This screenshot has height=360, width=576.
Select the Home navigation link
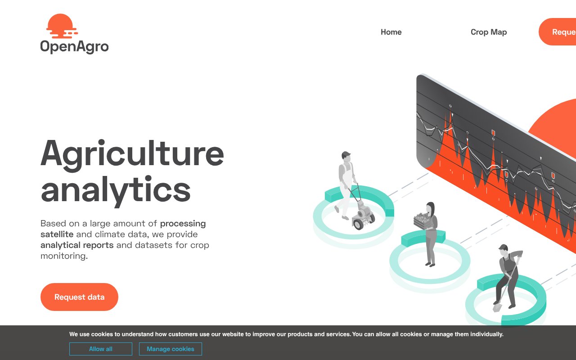pos(391,32)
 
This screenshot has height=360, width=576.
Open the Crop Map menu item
pos(489,32)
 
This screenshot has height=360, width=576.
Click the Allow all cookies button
pos(101,349)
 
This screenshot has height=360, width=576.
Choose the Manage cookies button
pos(171,349)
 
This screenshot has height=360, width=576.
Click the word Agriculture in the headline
pos(132,153)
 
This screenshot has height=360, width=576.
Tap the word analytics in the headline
pos(116,189)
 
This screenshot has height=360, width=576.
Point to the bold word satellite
pos(57,234)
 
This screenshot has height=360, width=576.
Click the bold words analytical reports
pos(77,245)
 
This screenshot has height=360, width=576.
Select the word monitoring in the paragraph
pos(63,256)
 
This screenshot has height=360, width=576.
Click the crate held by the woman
pos(423,220)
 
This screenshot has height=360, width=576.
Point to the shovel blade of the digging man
pos(497,307)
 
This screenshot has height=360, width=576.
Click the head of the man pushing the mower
pos(346,157)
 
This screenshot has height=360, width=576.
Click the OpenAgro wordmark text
pos(74,46)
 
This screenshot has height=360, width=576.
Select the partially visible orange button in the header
pos(558,32)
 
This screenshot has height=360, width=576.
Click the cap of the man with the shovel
pos(503,247)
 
